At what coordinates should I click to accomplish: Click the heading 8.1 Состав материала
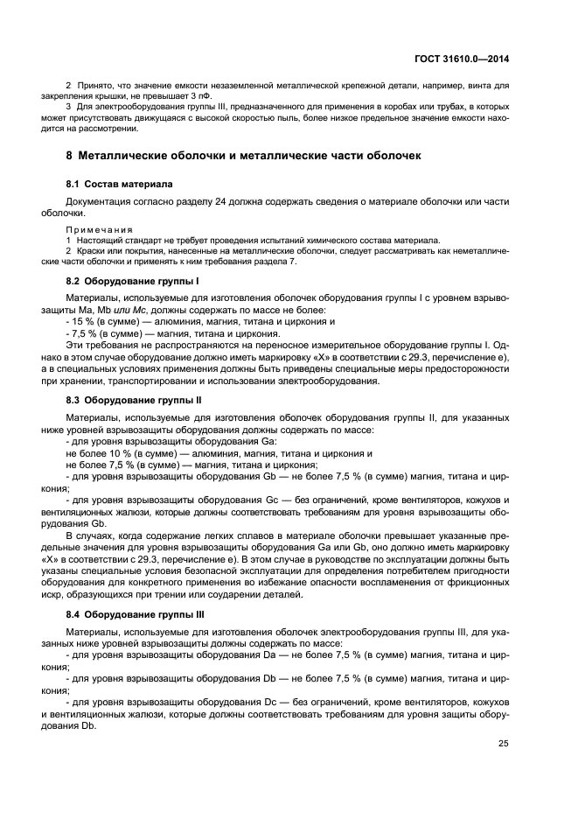pos(119,185)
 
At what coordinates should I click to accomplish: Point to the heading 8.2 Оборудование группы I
pos(133,283)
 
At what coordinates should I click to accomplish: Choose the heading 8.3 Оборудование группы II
pos(135,398)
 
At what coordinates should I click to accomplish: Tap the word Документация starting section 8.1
pos(100,199)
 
